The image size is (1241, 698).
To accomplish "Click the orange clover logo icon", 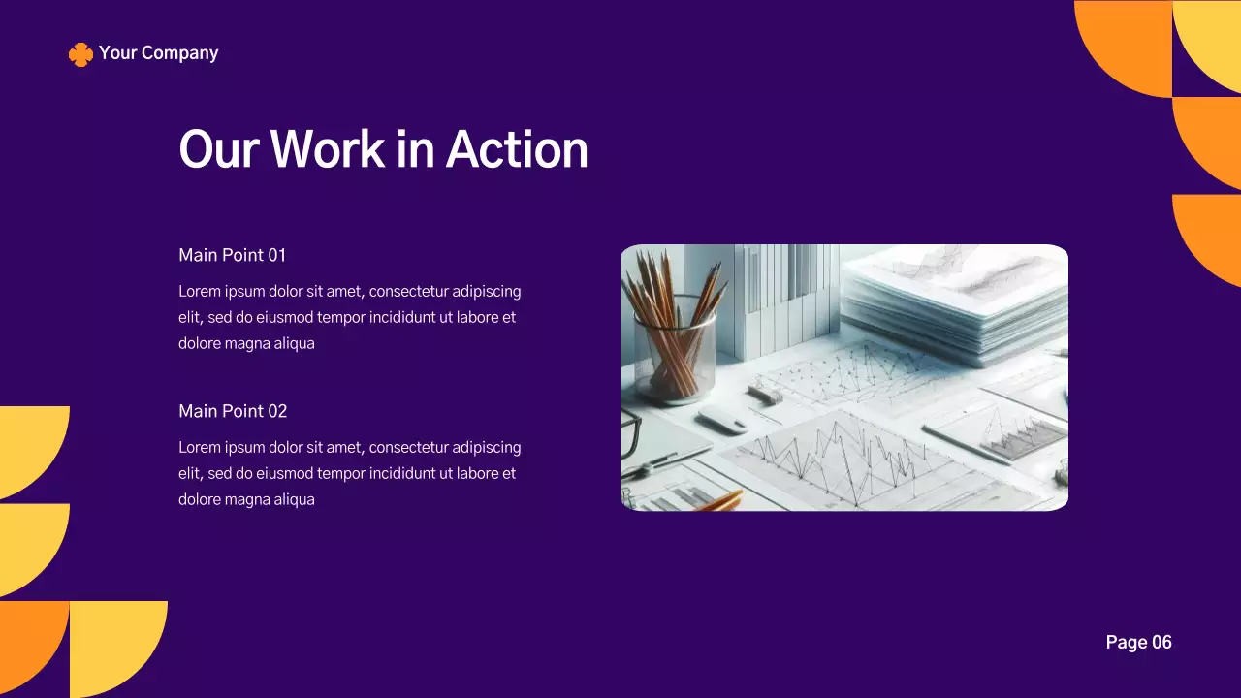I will [x=80, y=54].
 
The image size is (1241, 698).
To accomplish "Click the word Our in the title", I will [x=218, y=150].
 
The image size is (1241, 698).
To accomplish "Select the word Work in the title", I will [x=327, y=150].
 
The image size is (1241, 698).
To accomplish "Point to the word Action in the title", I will [x=516, y=150].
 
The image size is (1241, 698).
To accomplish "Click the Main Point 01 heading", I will [x=233, y=255].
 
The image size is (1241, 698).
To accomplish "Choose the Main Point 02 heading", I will [x=233, y=411].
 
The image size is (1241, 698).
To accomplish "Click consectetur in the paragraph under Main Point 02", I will [x=409, y=447].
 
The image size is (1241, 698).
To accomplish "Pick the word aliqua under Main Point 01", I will [x=292, y=343].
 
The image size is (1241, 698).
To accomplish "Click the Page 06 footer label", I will [x=1138, y=642].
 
